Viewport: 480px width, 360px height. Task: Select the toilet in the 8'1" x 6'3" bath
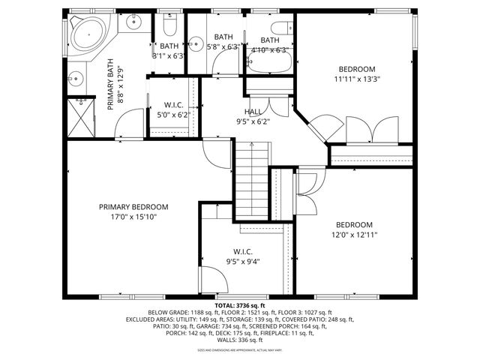(169, 28)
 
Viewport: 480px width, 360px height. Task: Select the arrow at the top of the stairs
(253, 149)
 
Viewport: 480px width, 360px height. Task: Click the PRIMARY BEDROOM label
(133, 207)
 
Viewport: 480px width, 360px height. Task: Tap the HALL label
(253, 111)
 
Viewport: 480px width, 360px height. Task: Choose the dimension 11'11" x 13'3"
(356, 79)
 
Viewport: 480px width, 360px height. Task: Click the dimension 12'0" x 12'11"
(355, 235)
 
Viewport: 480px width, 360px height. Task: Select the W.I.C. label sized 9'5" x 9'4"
(242, 251)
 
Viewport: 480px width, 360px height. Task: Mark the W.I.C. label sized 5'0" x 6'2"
(172, 104)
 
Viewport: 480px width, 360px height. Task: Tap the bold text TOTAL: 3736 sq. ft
(240, 305)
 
